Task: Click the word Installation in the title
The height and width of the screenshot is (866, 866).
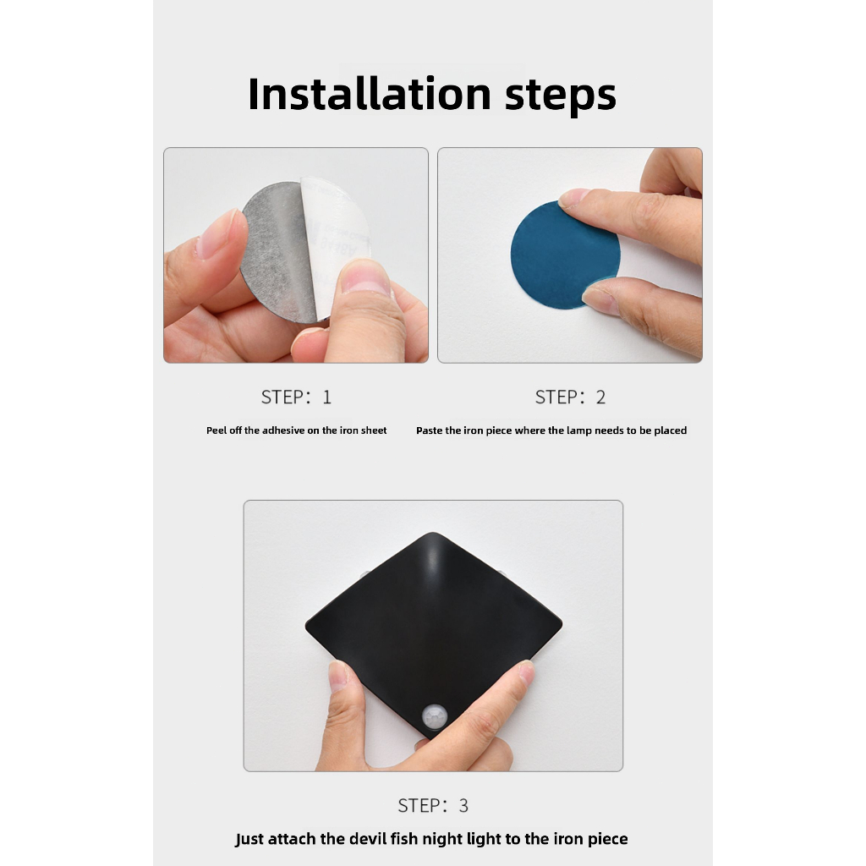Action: tap(370, 94)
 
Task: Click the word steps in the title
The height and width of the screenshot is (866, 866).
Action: tap(561, 96)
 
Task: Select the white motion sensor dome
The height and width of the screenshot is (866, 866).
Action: tap(436, 717)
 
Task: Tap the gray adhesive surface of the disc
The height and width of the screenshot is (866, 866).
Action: tap(277, 251)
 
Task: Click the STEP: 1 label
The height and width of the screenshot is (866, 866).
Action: tap(296, 397)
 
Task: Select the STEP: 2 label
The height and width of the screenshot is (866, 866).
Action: tap(570, 397)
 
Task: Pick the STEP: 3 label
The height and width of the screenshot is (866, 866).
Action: tap(433, 806)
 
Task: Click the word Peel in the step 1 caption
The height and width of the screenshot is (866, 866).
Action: tap(216, 430)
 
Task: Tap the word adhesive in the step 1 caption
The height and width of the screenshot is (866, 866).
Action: tap(283, 430)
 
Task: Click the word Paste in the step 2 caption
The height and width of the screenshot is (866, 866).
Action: tap(430, 430)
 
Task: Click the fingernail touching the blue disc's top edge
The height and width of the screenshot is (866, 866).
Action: tap(573, 198)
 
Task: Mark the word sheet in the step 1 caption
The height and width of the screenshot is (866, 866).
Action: tap(374, 430)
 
